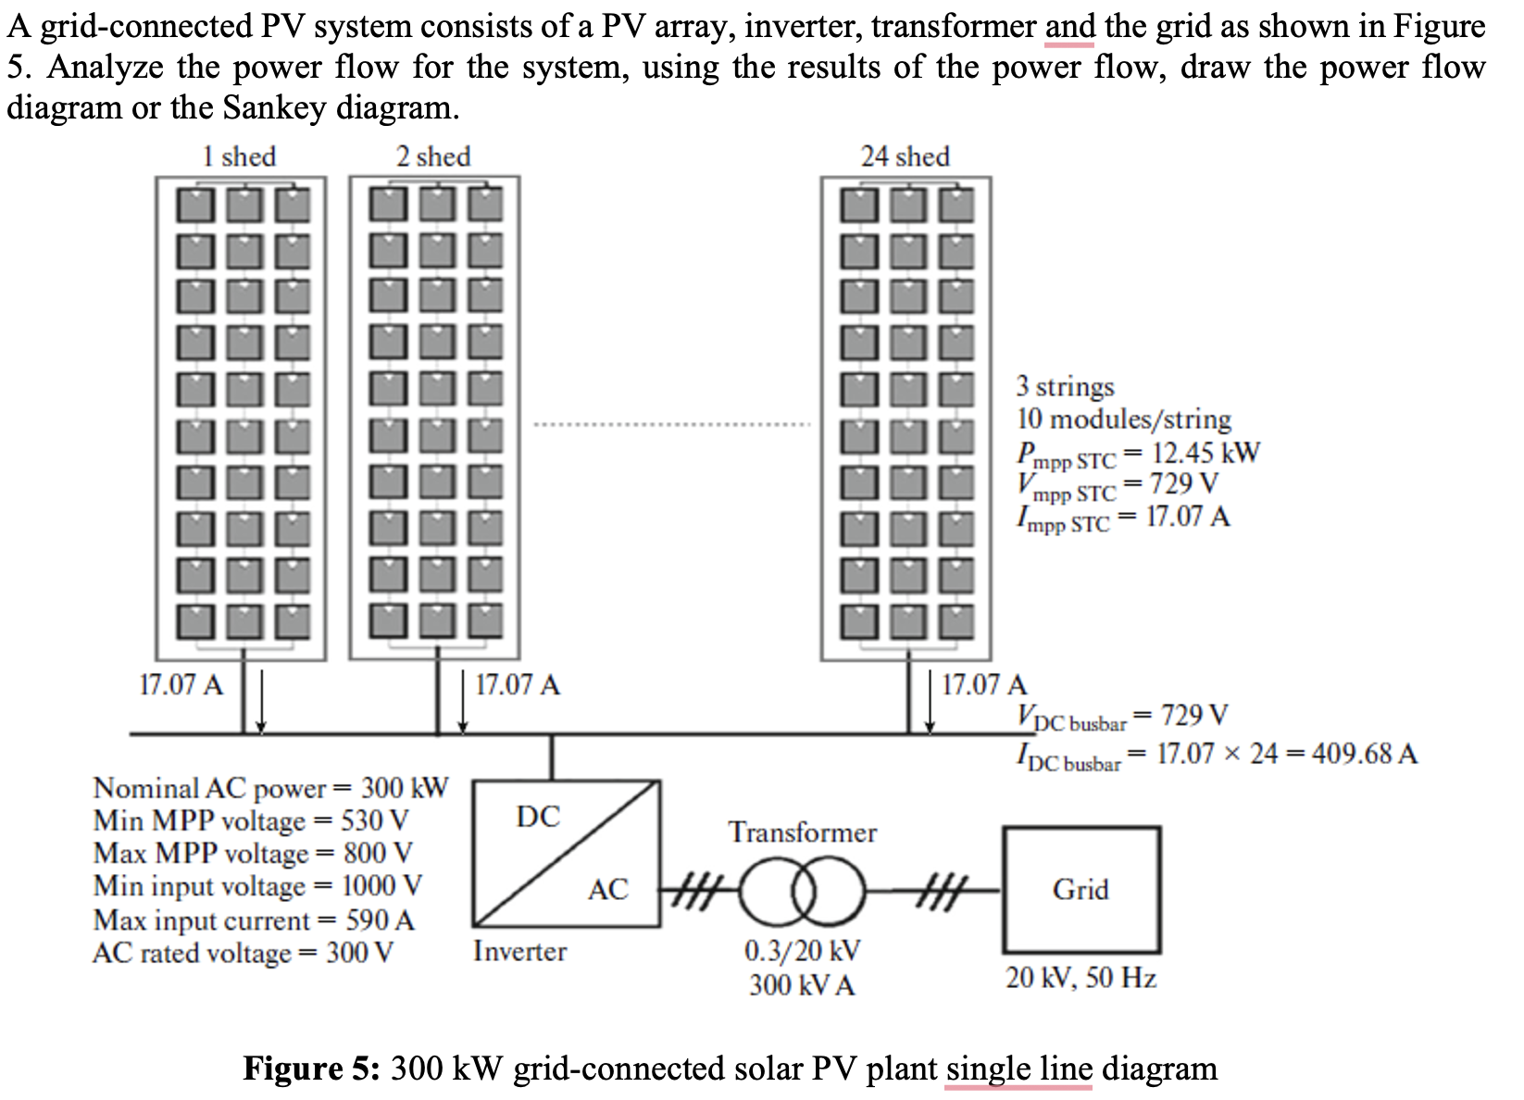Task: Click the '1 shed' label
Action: (x=239, y=156)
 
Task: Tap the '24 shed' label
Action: (x=905, y=156)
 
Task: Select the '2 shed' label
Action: (x=432, y=156)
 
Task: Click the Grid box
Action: (x=1081, y=890)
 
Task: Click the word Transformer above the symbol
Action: (x=802, y=832)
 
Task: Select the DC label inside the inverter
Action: (x=538, y=817)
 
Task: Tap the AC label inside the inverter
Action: (x=608, y=891)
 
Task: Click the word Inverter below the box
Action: (x=519, y=951)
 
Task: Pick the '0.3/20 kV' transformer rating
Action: (x=802, y=951)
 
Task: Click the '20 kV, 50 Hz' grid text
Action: (x=1081, y=978)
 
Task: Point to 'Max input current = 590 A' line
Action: (x=254, y=920)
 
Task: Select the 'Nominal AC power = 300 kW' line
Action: (x=270, y=788)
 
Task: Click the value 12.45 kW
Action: (x=1205, y=453)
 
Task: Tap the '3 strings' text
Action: (x=1065, y=386)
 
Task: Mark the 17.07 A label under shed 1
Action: (x=181, y=685)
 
